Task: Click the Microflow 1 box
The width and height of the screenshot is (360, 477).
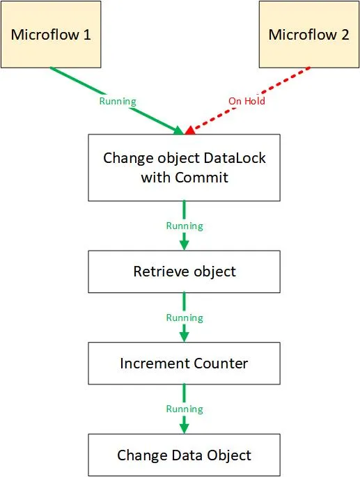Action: [51, 34]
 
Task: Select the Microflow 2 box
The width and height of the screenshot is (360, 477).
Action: [308, 34]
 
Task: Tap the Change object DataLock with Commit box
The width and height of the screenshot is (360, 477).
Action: [184, 167]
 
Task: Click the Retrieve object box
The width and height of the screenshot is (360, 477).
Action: [184, 271]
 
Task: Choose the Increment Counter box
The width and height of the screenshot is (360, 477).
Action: [184, 363]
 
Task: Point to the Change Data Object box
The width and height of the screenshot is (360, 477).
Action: [184, 455]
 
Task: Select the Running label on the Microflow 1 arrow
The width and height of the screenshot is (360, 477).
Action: [117, 101]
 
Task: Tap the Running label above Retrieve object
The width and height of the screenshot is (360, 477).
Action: [185, 226]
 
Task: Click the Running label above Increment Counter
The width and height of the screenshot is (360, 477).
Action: [185, 318]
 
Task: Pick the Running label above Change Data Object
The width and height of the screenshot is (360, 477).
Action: [185, 409]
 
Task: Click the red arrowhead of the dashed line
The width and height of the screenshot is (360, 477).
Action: [189, 130]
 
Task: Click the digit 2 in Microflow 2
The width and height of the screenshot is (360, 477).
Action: [345, 35]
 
